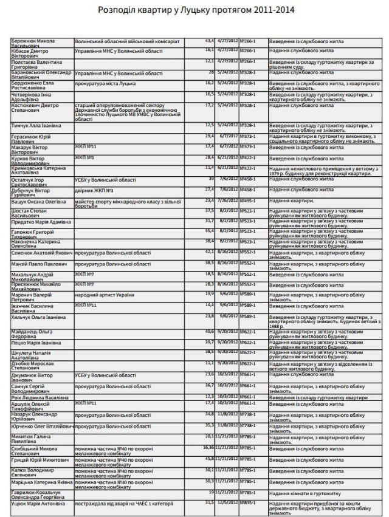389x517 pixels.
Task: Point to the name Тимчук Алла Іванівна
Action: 36,125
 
